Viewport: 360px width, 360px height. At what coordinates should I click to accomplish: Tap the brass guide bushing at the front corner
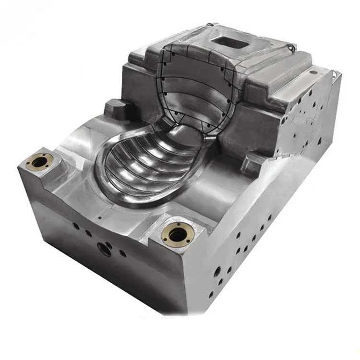(x=178, y=234)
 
